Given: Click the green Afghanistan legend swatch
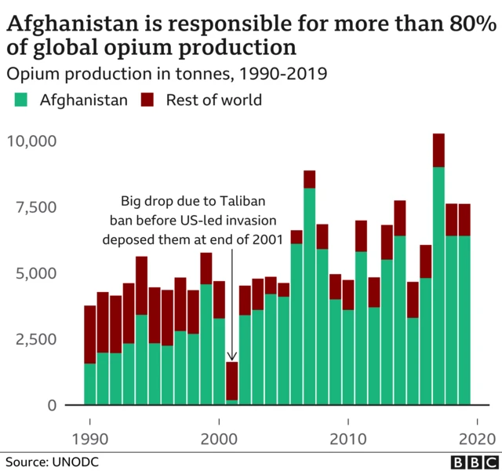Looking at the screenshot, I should click(22, 100).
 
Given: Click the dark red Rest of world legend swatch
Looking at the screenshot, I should click(147, 100).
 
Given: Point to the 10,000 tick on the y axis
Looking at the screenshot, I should click(31, 141).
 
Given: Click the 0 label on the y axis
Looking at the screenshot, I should click(52, 405).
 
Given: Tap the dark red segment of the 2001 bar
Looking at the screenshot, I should click(232, 381).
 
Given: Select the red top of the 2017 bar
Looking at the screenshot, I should click(438, 150).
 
